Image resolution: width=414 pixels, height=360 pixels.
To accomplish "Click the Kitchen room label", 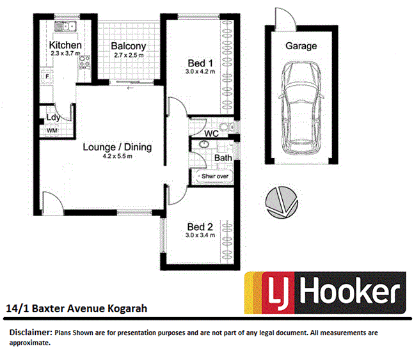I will click(65, 45).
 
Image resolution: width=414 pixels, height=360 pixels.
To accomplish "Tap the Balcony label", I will click(129, 46).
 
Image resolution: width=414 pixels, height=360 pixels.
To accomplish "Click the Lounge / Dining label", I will click(117, 147).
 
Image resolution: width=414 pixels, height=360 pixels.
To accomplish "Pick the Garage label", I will click(301, 46).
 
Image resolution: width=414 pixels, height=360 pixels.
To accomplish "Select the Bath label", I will click(223, 157).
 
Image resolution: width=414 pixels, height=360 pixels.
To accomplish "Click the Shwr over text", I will click(214, 176).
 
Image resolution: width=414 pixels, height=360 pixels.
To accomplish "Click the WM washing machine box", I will click(52, 130).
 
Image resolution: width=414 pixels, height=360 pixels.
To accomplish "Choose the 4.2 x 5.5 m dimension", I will click(117, 157).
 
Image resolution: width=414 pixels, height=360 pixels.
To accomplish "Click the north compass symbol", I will click(280, 202).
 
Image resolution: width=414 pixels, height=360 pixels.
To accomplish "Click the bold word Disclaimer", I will click(29, 333).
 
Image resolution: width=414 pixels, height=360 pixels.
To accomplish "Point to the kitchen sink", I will click(65, 27).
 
